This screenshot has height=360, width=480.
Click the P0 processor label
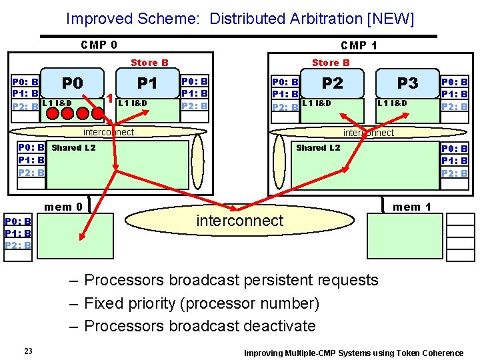pyautogui.click(x=72, y=83)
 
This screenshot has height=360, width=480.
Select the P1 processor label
pyautogui.click(x=147, y=83)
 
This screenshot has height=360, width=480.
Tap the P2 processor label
pyautogui.click(x=332, y=83)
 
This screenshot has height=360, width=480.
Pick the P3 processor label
pyautogui.click(x=407, y=83)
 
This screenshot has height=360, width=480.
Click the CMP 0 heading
pyautogui.click(x=99, y=45)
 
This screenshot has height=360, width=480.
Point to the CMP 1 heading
pyautogui.click(x=359, y=46)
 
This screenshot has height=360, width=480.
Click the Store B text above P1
pyautogui.click(x=149, y=63)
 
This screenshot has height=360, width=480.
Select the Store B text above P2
pyautogui.click(x=331, y=63)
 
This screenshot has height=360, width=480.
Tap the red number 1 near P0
pyautogui.click(x=109, y=99)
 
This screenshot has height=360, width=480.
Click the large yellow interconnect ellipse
pyautogui.click(x=240, y=221)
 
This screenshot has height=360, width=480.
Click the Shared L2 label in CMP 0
pyautogui.click(x=73, y=147)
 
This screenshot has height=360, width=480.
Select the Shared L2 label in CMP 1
pyautogui.click(x=318, y=147)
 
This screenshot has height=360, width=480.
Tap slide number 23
pyautogui.click(x=29, y=351)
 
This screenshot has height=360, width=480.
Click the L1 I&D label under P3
pyautogui.click(x=392, y=103)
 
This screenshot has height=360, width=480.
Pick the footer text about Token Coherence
pyautogui.click(x=353, y=353)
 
